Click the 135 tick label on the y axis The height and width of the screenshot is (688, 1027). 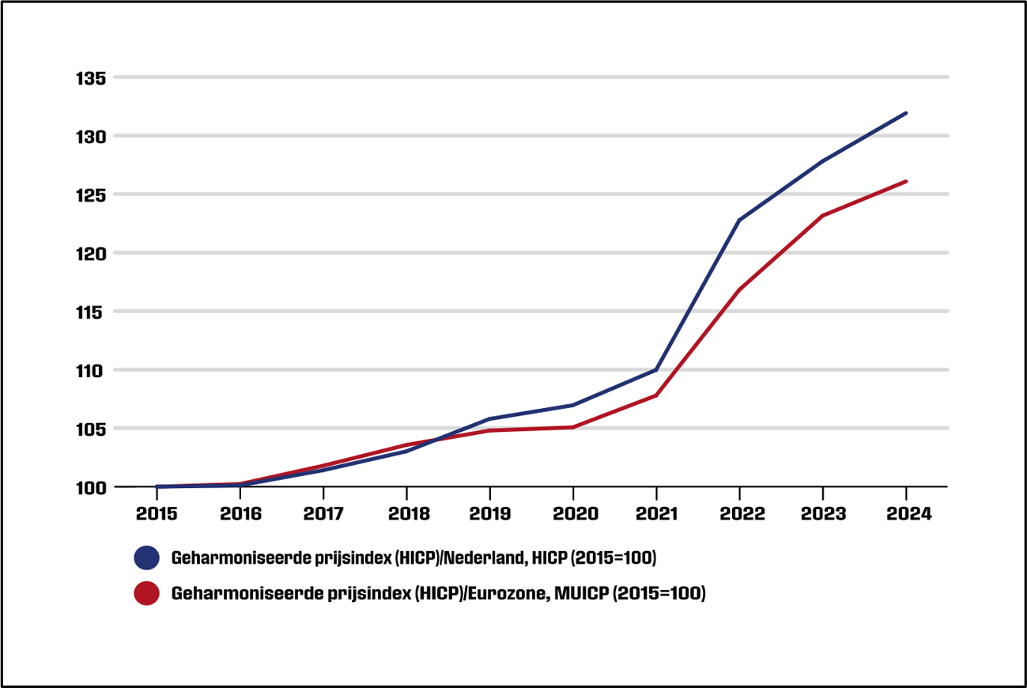click(x=91, y=78)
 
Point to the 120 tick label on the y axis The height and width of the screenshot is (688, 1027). click(x=91, y=254)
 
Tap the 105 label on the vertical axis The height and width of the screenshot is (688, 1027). click(x=91, y=429)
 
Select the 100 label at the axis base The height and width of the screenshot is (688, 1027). click(x=91, y=488)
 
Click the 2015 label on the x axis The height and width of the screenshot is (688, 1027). click(x=157, y=514)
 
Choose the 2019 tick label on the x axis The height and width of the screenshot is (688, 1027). click(x=489, y=514)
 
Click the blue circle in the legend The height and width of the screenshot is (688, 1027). click(x=147, y=558)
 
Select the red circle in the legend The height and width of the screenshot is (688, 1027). click(x=147, y=593)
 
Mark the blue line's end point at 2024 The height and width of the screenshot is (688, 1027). click(x=905, y=113)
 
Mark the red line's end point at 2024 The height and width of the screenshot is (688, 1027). click(x=905, y=182)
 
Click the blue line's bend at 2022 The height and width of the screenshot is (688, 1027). click(x=738, y=220)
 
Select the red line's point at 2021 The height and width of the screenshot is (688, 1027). click(x=656, y=395)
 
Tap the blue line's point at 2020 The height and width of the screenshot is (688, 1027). click(x=572, y=405)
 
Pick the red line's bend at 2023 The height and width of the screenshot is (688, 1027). click(x=822, y=216)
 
